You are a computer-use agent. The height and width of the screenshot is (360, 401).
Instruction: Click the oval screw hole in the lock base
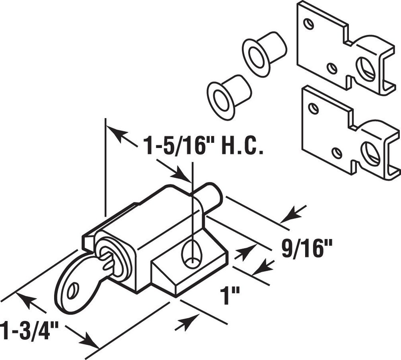(x=191, y=255)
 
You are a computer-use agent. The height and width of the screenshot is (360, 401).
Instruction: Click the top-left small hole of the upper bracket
(x=309, y=24)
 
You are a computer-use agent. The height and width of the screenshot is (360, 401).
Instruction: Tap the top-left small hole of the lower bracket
(x=314, y=108)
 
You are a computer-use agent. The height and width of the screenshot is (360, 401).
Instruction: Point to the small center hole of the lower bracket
(x=337, y=153)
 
